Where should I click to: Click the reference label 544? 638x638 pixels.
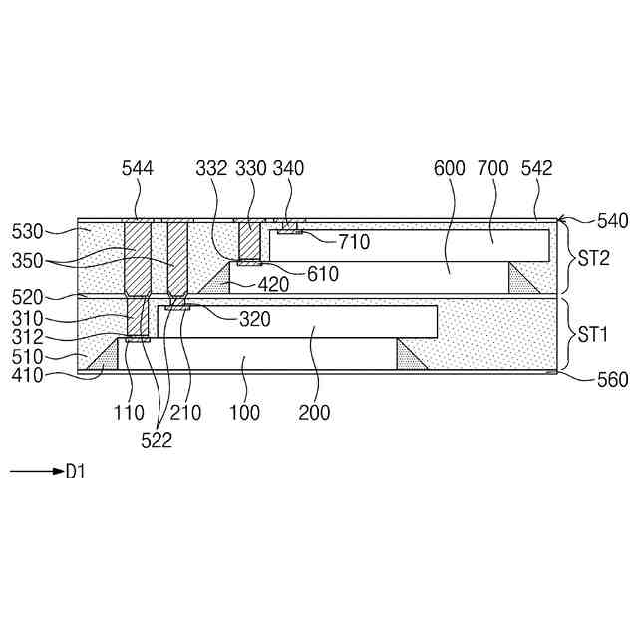(x=137, y=169)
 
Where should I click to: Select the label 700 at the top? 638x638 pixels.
(x=492, y=169)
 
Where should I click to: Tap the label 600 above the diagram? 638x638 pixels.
(x=450, y=169)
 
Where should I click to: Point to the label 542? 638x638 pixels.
(x=536, y=169)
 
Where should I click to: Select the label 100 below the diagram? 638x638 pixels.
(x=243, y=412)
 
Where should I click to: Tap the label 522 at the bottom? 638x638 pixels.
(x=157, y=440)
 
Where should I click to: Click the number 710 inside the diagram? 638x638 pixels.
(x=353, y=241)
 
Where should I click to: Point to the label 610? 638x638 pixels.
(x=322, y=274)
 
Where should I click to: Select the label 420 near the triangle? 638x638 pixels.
(x=271, y=284)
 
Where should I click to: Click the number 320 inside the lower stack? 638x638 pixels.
(x=254, y=320)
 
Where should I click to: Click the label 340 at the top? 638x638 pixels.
(x=289, y=169)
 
